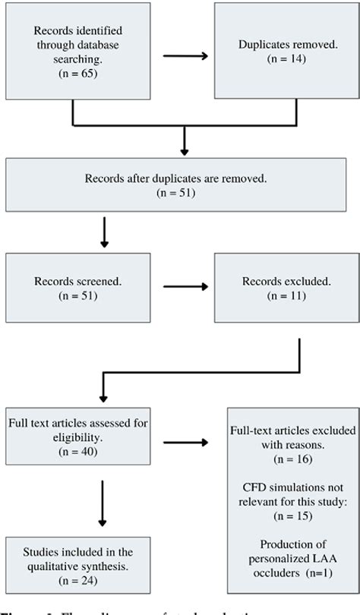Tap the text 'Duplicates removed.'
click(x=288, y=46)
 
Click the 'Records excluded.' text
click(x=288, y=281)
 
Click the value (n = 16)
click(x=292, y=459)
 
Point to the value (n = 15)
click(x=292, y=517)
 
